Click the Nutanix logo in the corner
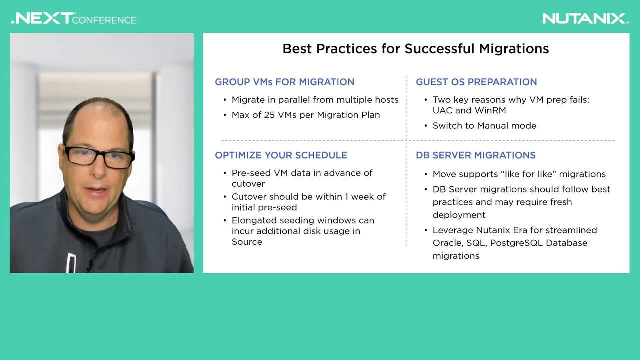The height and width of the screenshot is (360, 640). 585,19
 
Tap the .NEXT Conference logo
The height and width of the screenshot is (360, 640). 74,18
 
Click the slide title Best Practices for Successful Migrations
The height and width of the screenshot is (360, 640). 416,49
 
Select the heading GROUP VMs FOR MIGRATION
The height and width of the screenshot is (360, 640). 285,82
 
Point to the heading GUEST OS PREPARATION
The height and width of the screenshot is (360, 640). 476,82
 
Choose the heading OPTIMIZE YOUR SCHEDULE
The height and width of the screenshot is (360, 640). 281,155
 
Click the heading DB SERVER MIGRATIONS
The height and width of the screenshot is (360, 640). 476,155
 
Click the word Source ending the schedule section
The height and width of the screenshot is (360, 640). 247,242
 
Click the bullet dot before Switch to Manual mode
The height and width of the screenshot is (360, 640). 426,126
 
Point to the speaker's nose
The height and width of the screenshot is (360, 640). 98,170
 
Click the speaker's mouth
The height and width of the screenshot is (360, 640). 96,191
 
